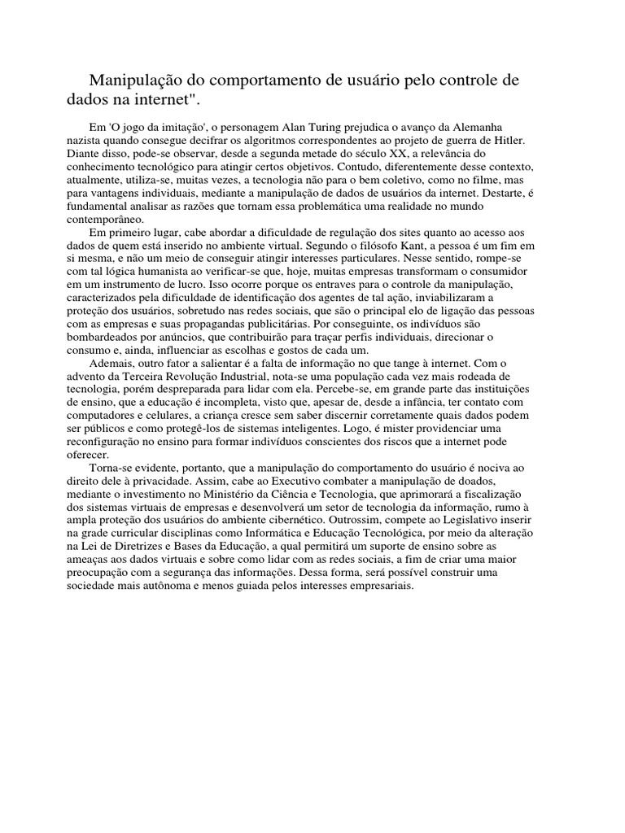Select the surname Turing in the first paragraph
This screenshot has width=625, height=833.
pyautogui.click(x=329, y=128)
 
